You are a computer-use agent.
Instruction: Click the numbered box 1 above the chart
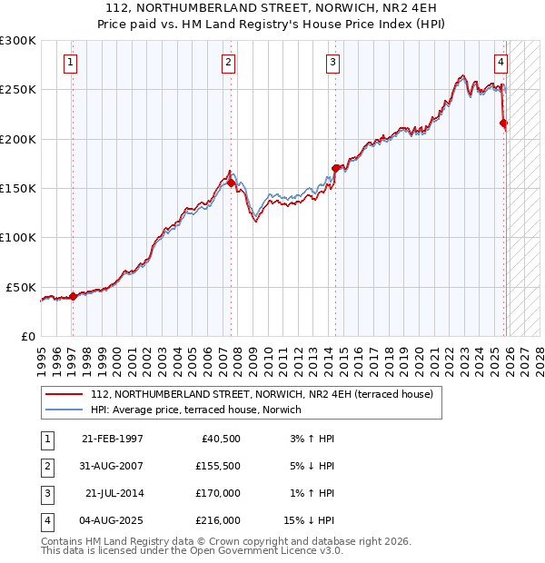(x=71, y=63)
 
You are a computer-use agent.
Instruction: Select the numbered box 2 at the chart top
(x=228, y=63)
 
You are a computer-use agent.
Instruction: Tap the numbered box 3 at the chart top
(x=332, y=63)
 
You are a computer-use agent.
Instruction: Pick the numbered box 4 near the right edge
(x=500, y=63)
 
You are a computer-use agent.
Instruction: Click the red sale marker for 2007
(x=231, y=183)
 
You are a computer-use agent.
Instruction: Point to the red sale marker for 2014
(x=335, y=168)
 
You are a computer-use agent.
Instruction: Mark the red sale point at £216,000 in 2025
(x=504, y=123)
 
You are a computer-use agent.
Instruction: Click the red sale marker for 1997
(x=73, y=295)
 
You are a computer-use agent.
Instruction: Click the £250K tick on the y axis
(x=18, y=90)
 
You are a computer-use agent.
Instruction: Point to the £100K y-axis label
(x=18, y=237)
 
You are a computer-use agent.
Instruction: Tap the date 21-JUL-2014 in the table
(x=114, y=494)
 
